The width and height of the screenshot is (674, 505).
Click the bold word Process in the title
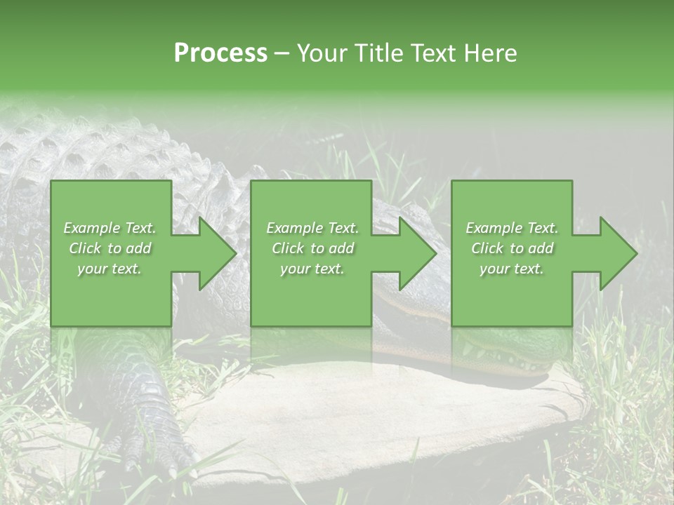220,53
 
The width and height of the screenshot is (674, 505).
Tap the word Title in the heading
376,53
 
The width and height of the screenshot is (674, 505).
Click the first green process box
111,295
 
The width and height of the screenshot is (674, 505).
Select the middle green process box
311,295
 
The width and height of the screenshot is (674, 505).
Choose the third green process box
511,295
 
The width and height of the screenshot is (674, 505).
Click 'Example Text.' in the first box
110,228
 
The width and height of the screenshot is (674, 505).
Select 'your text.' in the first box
110,269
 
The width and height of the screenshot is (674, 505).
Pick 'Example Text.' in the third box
512,228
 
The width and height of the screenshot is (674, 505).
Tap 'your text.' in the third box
512,269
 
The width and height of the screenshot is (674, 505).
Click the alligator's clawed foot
151,428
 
